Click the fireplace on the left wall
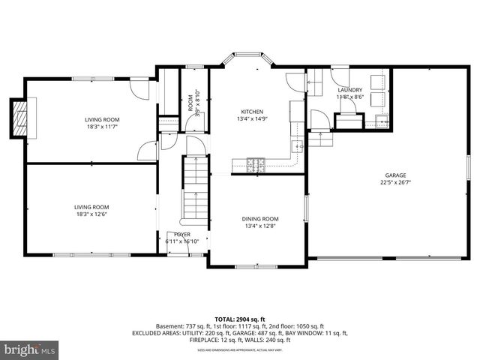point(19,118)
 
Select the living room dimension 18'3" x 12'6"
point(91,214)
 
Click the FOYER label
point(182,234)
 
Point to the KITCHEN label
point(251,111)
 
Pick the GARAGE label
point(396,174)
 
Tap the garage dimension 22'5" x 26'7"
point(396,182)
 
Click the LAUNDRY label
point(349,90)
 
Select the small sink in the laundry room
point(383,121)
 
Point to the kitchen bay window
point(246,55)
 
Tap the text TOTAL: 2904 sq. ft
point(240,318)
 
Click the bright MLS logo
point(30,349)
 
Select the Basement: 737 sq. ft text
point(183,326)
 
